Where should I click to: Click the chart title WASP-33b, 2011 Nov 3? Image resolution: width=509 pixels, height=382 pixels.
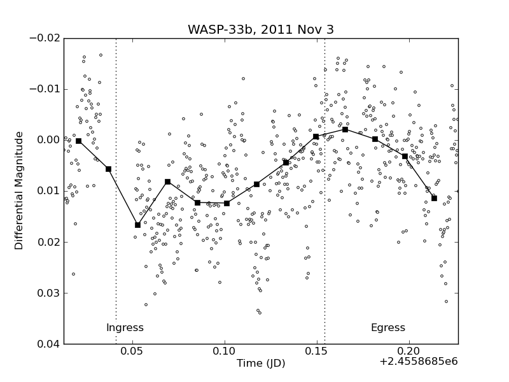pyautogui.click(x=260, y=30)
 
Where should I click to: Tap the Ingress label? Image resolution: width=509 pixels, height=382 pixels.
pyautogui.click(x=125, y=328)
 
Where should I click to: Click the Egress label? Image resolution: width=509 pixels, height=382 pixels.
pyautogui.click(x=388, y=328)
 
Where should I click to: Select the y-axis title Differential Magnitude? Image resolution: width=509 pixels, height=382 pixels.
pyautogui.click(x=20, y=190)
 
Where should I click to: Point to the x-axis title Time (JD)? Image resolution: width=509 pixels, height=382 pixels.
pyautogui.click(x=261, y=363)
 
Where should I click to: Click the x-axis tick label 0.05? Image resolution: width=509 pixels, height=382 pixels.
pyautogui.click(x=132, y=351)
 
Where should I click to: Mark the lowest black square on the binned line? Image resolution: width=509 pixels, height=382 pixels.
pyautogui.click(x=137, y=225)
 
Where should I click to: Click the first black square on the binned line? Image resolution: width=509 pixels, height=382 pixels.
pyautogui.click(x=78, y=141)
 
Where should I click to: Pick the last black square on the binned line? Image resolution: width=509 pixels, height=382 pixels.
pyautogui.click(x=434, y=198)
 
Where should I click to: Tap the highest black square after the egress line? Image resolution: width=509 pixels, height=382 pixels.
pyautogui.click(x=345, y=129)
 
